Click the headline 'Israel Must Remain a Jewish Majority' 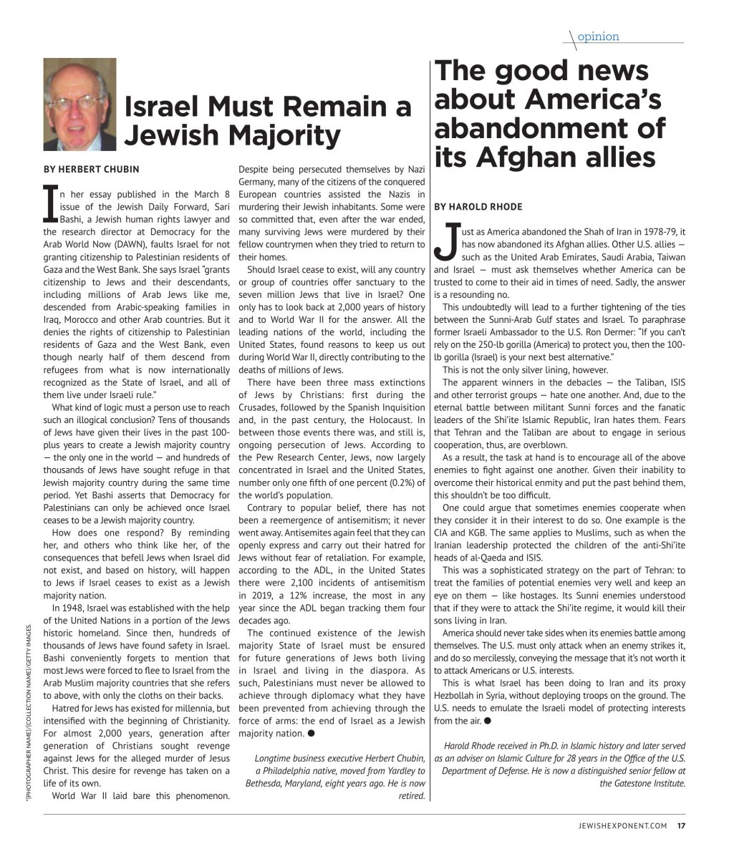tap(268, 120)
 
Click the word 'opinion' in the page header tap(598, 37)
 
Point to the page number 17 tap(681, 825)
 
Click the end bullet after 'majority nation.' tap(313, 734)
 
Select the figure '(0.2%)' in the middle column tap(407, 482)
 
